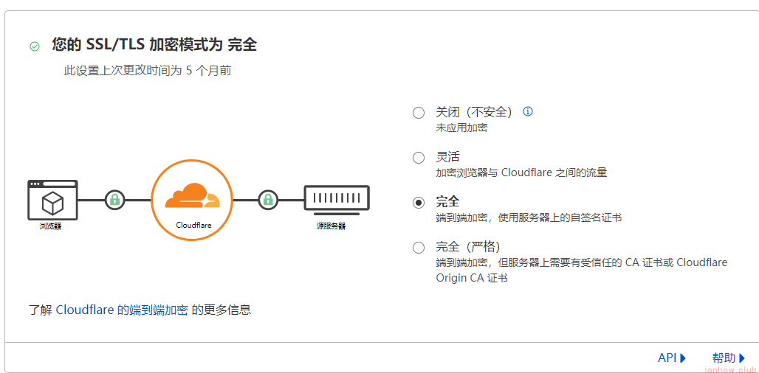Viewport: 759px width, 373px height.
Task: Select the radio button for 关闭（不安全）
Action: point(419,113)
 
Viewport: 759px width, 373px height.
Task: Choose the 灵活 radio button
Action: point(419,158)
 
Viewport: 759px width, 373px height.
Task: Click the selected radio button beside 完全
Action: point(419,203)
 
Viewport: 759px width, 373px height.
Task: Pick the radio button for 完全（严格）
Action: point(419,248)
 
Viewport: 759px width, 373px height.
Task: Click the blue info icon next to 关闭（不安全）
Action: point(527,112)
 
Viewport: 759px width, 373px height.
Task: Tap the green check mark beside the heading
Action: point(35,46)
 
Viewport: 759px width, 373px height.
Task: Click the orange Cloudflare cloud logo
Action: point(192,195)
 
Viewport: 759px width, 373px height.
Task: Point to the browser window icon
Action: point(52,199)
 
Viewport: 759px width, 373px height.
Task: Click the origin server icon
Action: point(336,198)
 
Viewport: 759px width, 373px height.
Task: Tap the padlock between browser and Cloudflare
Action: point(114,199)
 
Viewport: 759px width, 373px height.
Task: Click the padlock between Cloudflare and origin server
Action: point(268,199)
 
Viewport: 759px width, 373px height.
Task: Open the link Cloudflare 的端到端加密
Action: point(122,310)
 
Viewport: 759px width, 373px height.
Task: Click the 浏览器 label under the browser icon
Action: point(51,226)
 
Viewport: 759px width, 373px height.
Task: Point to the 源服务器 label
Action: point(326,226)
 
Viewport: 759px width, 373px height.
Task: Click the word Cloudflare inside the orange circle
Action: point(192,225)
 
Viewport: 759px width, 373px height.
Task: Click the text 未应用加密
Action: point(461,128)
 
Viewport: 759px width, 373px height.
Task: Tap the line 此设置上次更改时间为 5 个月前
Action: point(148,71)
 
